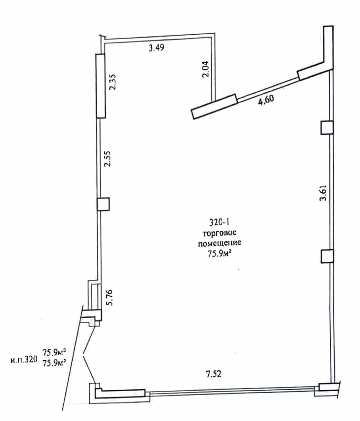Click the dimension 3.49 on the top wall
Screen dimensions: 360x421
pyautogui.click(x=156, y=48)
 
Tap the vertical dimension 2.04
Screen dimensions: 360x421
pyautogui.click(x=205, y=69)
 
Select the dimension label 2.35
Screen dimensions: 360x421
pyautogui.click(x=112, y=82)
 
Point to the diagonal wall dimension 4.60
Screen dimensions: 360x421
pyautogui.click(x=266, y=100)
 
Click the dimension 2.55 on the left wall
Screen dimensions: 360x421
pyautogui.click(x=107, y=159)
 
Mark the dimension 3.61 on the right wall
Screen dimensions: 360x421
pyautogui.click(x=323, y=193)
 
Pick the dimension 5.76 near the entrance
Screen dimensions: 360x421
pyautogui.click(x=109, y=297)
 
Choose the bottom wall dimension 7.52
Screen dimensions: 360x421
pyautogui.click(x=214, y=374)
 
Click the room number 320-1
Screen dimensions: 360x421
pyautogui.click(x=219, y=222)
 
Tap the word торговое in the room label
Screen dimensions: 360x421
pyautogui.click(x=219, y=233)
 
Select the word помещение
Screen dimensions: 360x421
pyautogui.click(x=219, y=243)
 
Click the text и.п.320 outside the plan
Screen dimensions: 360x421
pyautogui.click(x=24, y=360)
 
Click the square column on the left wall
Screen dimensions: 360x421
pyautogui.click(x=103, y=204)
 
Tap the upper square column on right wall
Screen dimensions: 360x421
pyautogui.click(x=327, y=127)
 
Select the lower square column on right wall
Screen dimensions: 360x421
pyautogui.click(x=327, y=256)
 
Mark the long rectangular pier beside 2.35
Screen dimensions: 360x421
pyautogui.click(x=101, y=86)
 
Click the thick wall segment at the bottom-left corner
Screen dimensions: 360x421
pyautogui.click(x=120, y=394)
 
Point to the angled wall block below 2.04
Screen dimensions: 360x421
pyautogui.click(x=214, y=107)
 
